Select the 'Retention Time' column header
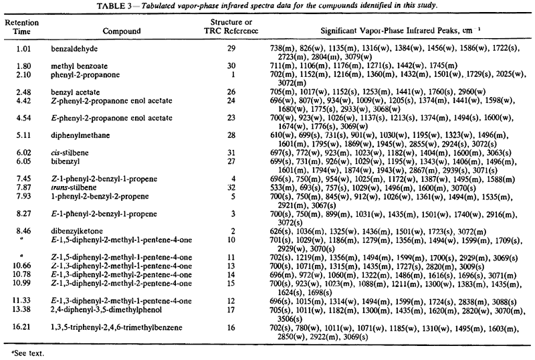20,27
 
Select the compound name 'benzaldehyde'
73,50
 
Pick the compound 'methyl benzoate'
76,66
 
